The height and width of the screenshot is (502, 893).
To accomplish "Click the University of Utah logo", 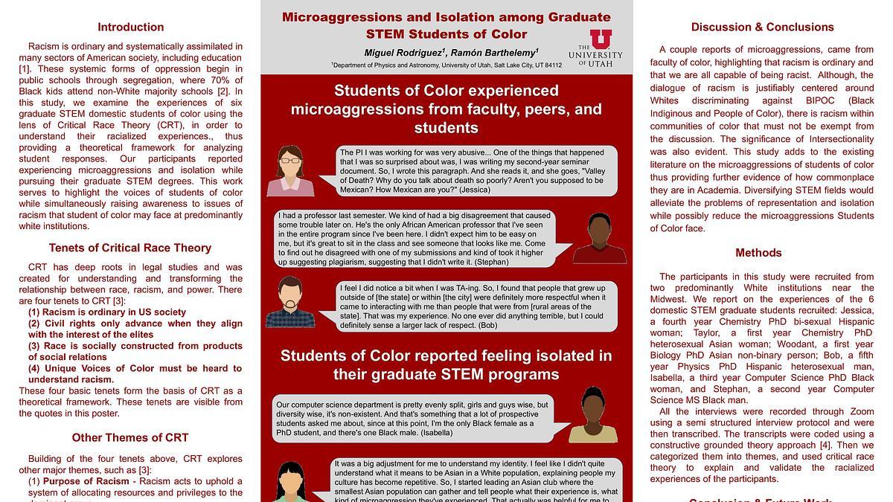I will point(595,48).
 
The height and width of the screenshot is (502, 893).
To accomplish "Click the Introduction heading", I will point(130,28).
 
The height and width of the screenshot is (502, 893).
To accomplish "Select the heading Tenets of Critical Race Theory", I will point(130,248).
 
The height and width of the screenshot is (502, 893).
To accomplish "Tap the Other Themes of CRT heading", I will point(130,437).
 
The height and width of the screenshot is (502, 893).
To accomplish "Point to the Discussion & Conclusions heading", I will point(762,28).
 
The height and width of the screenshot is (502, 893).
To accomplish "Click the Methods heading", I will point(758,253).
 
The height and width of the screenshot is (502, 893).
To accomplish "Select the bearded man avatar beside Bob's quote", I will point(290,302).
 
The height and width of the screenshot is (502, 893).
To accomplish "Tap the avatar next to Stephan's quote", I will point(599,238).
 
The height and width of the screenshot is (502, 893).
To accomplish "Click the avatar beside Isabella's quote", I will point(593,414).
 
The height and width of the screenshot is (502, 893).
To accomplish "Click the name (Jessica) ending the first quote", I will point(474,190).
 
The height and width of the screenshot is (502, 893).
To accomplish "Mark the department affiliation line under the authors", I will point(446,65).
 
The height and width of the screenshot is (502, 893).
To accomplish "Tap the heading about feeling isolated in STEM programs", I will point(446,364).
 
